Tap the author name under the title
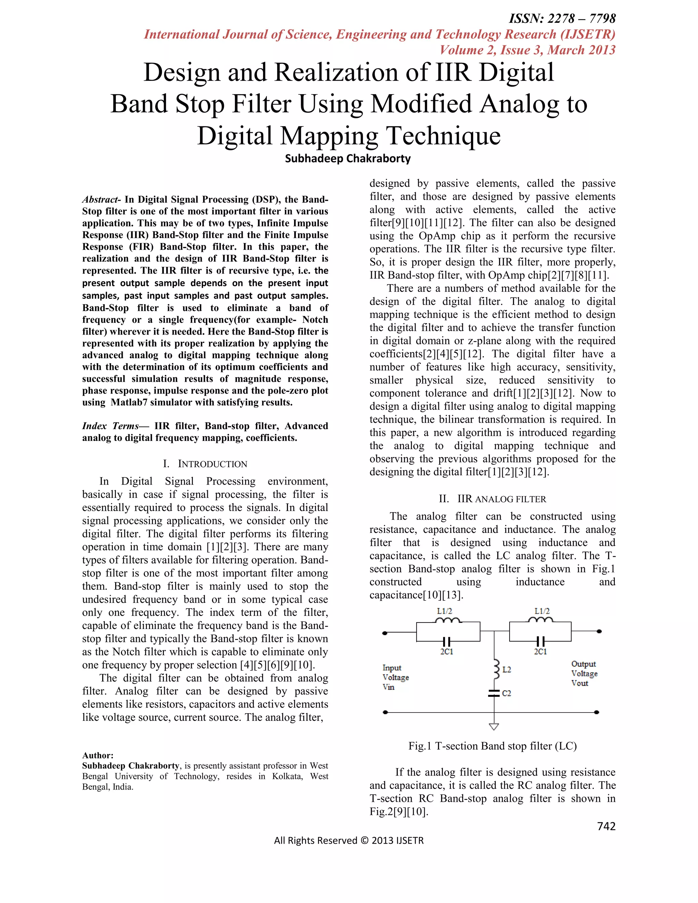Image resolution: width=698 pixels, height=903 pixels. [x=348, y=159]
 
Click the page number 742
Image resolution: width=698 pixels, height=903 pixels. [x=606, y=826]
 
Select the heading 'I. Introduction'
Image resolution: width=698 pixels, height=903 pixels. [x=205, y=464]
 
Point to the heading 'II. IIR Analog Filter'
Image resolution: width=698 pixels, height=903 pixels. [x=492, y=499]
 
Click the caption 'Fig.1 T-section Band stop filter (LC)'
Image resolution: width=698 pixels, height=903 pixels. [x=492, y=746]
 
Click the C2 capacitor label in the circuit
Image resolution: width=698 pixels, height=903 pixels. [x=506, y=693]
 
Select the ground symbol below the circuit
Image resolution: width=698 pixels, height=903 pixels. [x=494, y=726]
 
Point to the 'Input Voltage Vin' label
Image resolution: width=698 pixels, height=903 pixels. [x=395, y=677]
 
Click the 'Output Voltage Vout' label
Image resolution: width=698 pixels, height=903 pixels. [x=584, y=674]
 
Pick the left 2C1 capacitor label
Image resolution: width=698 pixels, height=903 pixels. [x=446, y=652]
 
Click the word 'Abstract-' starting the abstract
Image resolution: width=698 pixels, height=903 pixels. [x=101, y=200]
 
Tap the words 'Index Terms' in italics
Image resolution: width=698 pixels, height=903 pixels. [x=110, y=426]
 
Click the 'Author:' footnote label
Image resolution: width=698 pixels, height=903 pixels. [x=97, y=755]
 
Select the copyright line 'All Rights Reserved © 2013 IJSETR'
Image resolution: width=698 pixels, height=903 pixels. [x=349, y=841]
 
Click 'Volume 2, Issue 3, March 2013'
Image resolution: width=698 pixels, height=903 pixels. [x=527, y=50]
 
